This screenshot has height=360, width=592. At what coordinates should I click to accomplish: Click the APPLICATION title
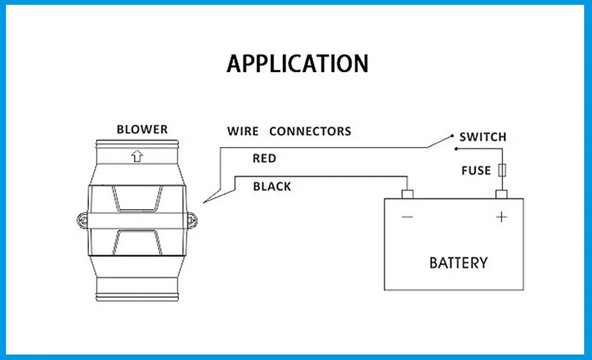click(x=298, y=63)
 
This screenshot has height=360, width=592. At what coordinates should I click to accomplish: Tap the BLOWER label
click(x=142, y=129)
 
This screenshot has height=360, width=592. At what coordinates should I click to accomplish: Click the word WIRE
click(x=243, y=131)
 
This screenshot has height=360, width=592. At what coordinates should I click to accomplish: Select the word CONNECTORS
click(x=310, y=131)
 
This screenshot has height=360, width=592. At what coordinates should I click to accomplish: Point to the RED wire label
click(x=264, y=158)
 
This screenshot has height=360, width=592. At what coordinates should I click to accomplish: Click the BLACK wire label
click(x=272, y=187)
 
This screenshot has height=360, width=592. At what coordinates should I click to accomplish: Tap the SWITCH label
click(x=482, y=137)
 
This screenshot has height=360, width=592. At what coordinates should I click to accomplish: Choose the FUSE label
click(x=476, y=170)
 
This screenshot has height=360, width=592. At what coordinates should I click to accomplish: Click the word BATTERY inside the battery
click(x=458, y=263)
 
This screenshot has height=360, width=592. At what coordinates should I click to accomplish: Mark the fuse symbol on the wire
click(x=502, y=170)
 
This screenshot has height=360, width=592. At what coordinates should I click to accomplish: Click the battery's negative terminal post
click(x=407, y=194)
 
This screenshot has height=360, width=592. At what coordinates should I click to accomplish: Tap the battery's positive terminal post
click(x=501, y=194)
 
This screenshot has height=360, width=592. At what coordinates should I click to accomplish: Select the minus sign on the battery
click(x=407, y=217)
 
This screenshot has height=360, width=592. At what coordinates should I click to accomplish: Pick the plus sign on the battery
click(x=502, y=217)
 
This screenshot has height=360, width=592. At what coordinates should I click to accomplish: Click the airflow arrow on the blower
click(x=137, y=157)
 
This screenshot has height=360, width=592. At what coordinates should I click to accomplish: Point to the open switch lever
click(x=440, y=141)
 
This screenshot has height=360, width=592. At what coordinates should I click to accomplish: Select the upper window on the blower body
click(x=137, y=199)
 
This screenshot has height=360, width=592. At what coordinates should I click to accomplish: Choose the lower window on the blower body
click(x=137, y=242)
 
